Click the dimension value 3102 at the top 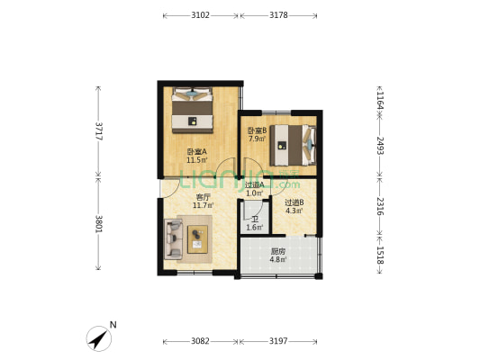[x=200, y=15]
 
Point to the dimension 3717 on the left [x=99, y=131]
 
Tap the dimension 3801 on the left [x=99, y=224]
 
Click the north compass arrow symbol [x=98, y=338]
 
